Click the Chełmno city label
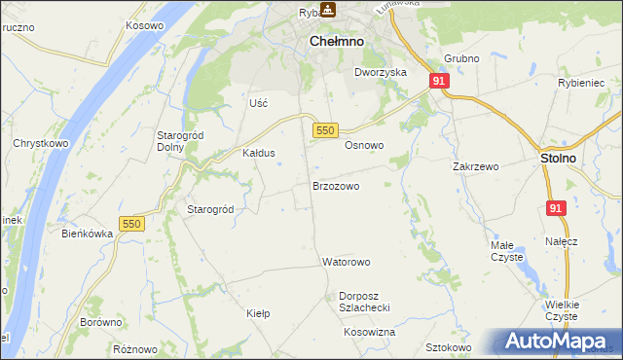click(x=336, y=42)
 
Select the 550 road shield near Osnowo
click(x=325, y=130)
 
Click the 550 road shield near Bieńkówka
click(x=130, y=224)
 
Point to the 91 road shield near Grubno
click(x=439, y=82)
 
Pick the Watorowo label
click(x=347, y=263)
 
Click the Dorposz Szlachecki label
click(x=364, y=302)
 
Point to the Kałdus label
click(x=259, y=154)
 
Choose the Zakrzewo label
click(x=475, y=166)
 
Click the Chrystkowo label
click(x=38, y=143)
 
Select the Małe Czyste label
click(x=506, y=251)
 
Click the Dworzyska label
click(x=380, y=72)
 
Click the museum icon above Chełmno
click(x=328, y=10)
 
